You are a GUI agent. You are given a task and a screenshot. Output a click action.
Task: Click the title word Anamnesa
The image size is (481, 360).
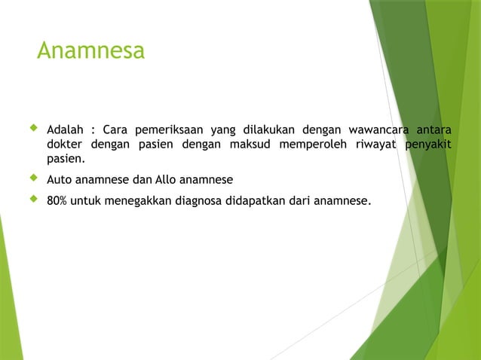coord(90,51)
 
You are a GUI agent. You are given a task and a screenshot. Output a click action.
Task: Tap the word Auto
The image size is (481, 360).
coord(59,180)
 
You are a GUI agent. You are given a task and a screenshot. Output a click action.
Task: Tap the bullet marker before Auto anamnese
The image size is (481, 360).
coord(32,179)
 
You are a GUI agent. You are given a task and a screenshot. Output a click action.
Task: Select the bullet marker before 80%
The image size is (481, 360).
coord(32,200)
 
